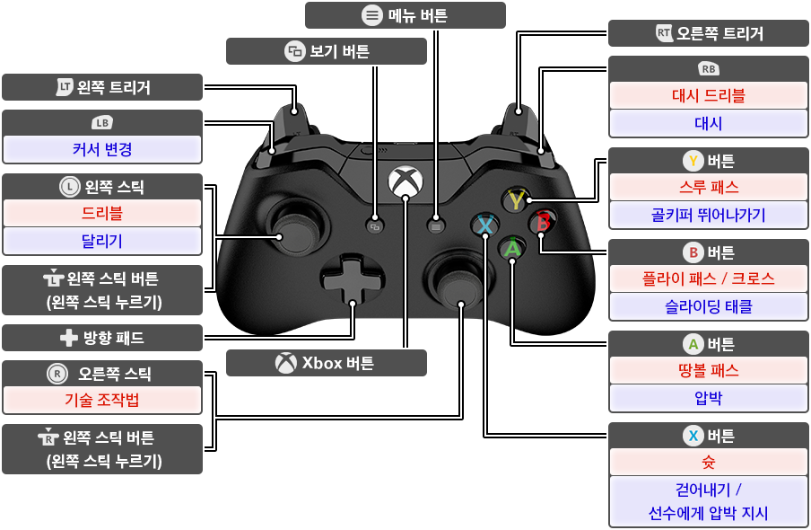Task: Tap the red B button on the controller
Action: tap(543, 222)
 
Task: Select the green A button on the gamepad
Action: tap(512, 248)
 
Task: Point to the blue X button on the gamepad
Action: tap(484, 225)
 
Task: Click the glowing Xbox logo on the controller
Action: tap(405, 181)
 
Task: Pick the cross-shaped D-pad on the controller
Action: tap(353, 280)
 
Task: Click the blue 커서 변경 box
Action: tap(102, 149)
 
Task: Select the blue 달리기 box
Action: tap(102, 241)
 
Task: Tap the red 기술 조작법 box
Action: tap(102, 400)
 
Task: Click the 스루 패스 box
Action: tap(708, 187)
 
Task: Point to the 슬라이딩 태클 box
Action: tap(708, 306)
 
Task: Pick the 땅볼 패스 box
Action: tap(708, 370)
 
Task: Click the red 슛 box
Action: tap(708, 462)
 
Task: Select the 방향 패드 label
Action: tap(102, 338)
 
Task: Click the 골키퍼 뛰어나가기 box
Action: tap(708, 215)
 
